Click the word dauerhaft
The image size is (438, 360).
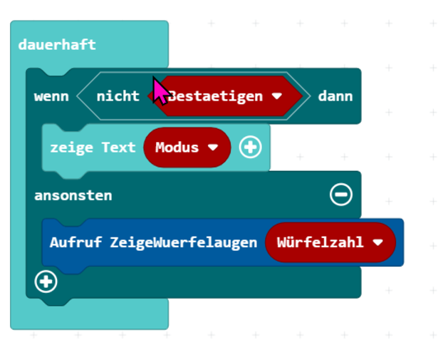(57, 45)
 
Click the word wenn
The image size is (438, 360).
(51, 97)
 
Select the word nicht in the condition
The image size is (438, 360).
(118, 96)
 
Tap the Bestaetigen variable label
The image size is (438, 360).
(216, 97)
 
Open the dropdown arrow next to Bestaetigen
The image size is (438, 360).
(277, 96)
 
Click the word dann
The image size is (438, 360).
(335, 96)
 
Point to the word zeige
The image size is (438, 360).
(71, 148)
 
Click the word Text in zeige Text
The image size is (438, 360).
(119, 147)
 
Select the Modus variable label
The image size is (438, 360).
(177, 148)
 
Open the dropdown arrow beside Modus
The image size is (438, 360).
(213, 147)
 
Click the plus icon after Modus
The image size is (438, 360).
(250, 147)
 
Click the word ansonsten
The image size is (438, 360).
(73, 195)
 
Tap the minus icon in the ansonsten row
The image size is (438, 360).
(341, 195)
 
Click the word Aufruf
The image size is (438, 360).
(75, 242)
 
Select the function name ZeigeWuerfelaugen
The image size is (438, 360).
(184, 242)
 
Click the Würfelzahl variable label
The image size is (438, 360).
(320, 242)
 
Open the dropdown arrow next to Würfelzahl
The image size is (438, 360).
(378, 242)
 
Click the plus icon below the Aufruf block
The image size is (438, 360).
(46, 282)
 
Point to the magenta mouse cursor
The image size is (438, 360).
(160, 90)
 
